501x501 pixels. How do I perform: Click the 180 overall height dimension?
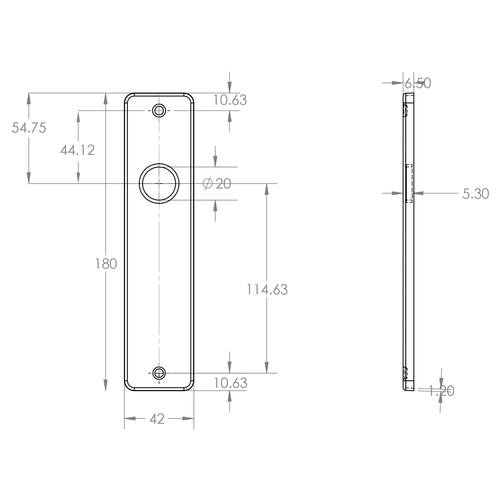(106, 264)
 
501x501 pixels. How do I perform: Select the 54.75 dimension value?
(29, 128)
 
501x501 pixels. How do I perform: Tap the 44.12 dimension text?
(77, 150)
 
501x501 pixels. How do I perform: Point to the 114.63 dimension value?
(267, 289)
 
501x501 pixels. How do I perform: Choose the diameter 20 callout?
(216, 184)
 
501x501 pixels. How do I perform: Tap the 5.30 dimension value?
(476, 194)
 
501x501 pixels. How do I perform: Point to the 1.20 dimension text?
(441, 391)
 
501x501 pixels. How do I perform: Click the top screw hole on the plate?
(159, 110)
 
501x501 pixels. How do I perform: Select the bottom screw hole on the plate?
(159, 373)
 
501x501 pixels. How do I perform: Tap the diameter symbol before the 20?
(208, 184)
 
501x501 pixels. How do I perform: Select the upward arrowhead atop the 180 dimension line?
(106, 99)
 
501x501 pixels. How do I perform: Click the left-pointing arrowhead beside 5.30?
(418, 193)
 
